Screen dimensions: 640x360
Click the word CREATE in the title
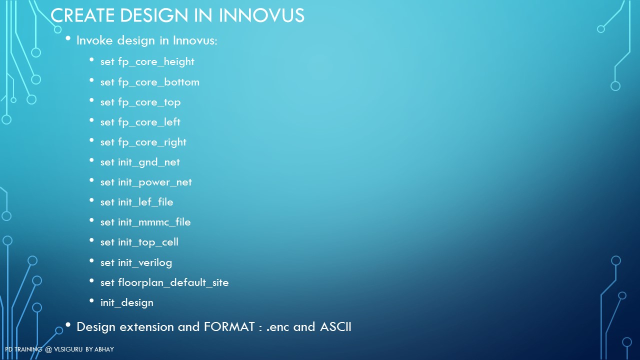82,15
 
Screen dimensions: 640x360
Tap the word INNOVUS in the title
261,15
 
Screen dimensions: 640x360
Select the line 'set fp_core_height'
147,62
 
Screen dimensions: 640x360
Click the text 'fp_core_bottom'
158,82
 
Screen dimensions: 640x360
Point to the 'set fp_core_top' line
140,102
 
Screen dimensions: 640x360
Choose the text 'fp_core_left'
149,122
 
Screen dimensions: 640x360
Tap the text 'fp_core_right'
152,142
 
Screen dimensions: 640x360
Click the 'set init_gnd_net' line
140,162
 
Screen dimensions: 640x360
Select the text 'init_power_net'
155,182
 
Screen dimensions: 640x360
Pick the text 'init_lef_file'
145,202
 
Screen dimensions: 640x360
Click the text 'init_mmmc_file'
154,222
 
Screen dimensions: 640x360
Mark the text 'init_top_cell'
148,242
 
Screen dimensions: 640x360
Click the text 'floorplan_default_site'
173,283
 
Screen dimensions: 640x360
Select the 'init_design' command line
127,303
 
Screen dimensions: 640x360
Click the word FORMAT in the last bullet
229,327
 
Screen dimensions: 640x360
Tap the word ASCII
335,327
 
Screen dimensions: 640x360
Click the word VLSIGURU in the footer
68,349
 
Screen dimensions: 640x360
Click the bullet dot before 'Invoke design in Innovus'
68,38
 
